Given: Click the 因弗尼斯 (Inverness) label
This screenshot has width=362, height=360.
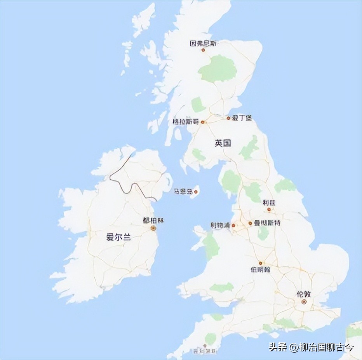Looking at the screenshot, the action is [x=203, y=44].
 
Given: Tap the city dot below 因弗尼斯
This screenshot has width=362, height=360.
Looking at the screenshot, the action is [x=203, y=50].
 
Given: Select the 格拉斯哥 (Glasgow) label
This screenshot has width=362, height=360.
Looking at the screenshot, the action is [x=185, y=122].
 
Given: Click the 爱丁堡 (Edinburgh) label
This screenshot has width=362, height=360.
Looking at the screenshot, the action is [x=242, y=118].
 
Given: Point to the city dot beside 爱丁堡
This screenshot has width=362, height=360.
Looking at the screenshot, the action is [x=228, y=118].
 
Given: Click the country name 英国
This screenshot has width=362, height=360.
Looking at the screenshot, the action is [x=223, y=143].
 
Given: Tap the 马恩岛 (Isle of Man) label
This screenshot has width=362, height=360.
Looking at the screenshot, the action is [x=183, y=191].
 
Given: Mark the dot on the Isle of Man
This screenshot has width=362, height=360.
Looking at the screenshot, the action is [x=196, y=191].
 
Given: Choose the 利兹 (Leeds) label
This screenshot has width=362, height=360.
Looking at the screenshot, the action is [x=268, y=203].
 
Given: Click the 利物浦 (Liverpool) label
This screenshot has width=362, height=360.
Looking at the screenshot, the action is [x=220, y=225].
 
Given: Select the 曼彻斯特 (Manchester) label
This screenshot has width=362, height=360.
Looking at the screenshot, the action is [x=267, y=223].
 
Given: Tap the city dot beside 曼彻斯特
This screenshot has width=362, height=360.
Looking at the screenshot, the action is [x=250, y=223].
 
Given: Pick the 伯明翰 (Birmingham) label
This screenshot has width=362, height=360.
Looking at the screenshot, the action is [x=260, y=269].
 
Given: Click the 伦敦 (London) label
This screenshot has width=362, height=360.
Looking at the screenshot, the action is [x=304, y=294].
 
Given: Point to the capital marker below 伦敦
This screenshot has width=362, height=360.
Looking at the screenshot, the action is [x=304, y=301].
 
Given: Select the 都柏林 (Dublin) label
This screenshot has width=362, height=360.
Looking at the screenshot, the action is [x=153, y=220].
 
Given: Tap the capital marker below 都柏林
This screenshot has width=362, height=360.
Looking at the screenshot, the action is [x=153, y=228].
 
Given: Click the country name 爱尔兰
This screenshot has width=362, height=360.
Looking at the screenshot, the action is [x=118, y=238].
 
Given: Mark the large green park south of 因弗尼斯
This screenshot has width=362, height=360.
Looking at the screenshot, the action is [x=218, y=69].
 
